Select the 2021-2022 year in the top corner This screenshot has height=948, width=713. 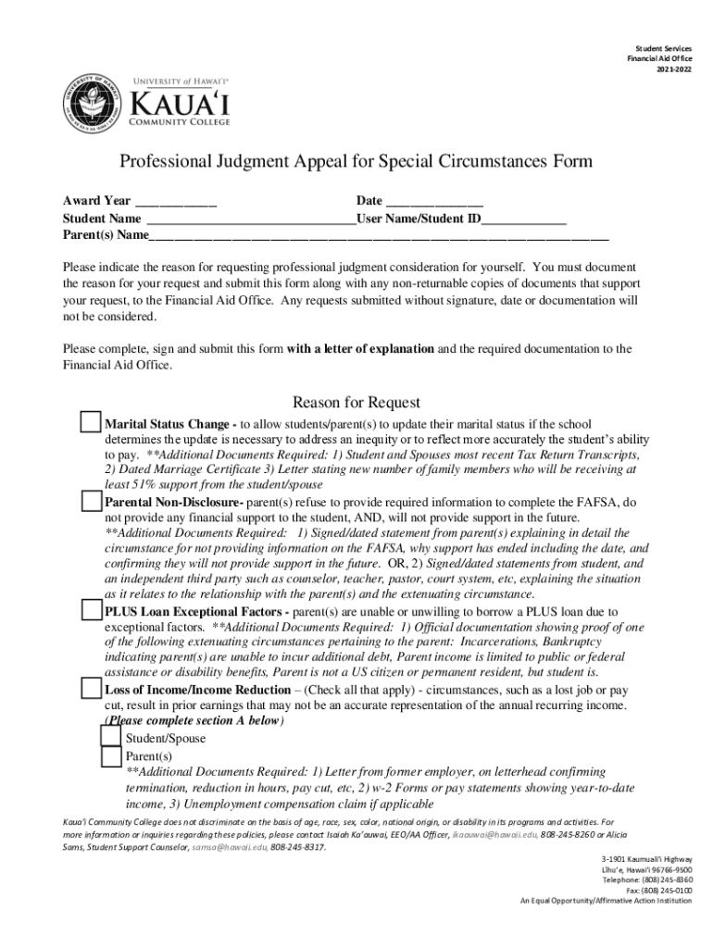tap(674, 69)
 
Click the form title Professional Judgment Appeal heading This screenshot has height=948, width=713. tap(356, 162)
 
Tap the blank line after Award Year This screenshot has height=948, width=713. tap(176, 202)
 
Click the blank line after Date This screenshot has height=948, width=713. tap(433, 202)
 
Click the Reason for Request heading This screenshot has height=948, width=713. tap(356, 402)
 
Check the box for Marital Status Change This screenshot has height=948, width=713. tap(90, 422)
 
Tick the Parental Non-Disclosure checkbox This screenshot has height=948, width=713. tap(90, 501)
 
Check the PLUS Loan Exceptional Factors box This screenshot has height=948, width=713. tap(90, 610)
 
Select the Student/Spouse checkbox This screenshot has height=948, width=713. tap(110, 736)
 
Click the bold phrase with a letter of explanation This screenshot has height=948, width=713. tap(360, 349)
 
